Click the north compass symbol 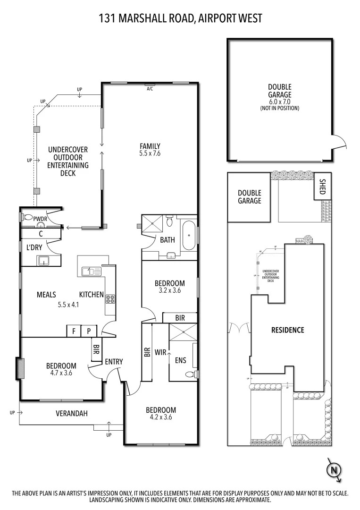coord(334,470)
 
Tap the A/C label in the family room coord(150,88)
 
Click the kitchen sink coord(88,271)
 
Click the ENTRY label coord(114,362)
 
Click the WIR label coord(160,352)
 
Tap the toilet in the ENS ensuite coord(191,374)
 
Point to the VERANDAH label coord(72,413)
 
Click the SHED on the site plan coord(323,187)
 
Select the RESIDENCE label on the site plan coord(287,330)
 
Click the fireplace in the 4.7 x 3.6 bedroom coord(20,368)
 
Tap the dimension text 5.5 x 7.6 coord(150,153)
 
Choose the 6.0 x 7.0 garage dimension coord(280,102)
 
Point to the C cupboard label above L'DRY coord(41,233)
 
